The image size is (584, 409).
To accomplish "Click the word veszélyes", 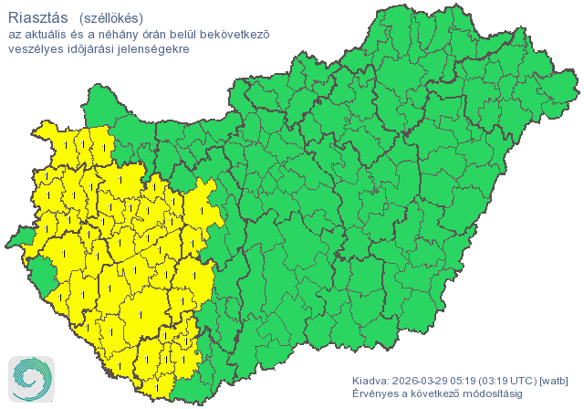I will [36, 48].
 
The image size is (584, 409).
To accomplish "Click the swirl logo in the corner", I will [30, 377].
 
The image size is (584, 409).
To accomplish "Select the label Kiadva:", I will [370, 381].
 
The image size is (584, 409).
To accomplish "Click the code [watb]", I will [556, 381].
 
